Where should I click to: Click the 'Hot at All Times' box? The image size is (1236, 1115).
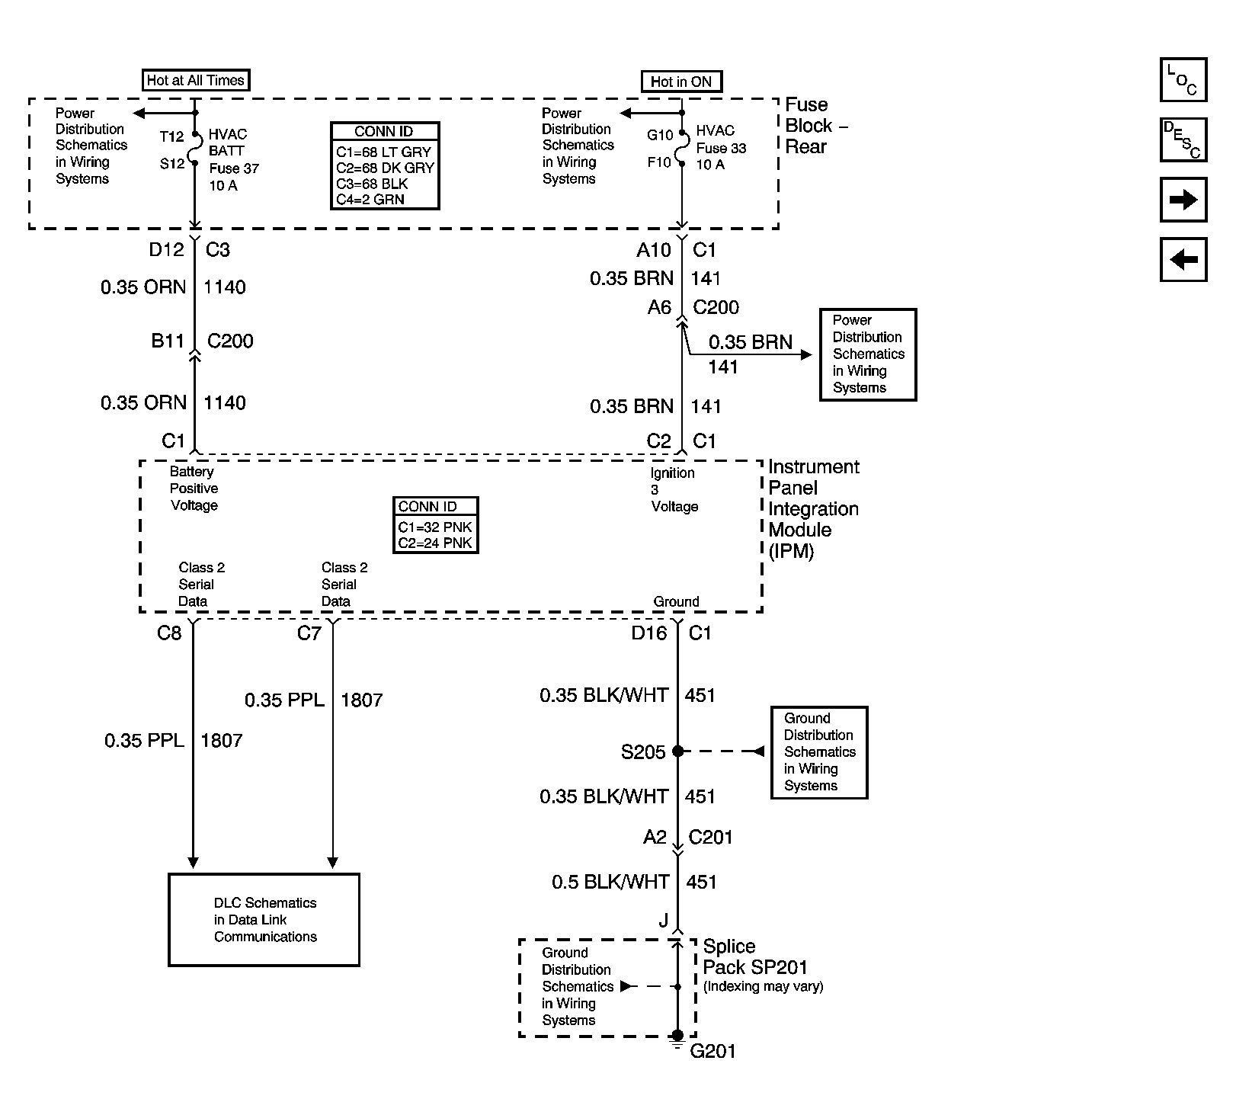(196, 80)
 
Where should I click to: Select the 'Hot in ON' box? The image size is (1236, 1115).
(681, 82)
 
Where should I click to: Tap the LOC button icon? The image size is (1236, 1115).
(1183, 80)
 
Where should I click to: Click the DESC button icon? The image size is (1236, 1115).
(1183, 139)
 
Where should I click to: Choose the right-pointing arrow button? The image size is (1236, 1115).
(1183, 200)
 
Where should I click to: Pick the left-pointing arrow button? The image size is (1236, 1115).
(1183, 260)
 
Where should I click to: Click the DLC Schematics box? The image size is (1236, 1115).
(264, 920)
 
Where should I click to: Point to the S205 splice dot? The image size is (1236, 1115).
(678, 751)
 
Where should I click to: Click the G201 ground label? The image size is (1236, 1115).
(712, 1052)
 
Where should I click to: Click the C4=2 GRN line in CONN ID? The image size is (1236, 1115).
(370, 200)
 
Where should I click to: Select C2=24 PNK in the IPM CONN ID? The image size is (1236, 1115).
(435, 543)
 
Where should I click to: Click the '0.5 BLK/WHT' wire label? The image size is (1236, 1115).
(610, 882)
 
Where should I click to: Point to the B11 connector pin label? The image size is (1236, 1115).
(168, 341)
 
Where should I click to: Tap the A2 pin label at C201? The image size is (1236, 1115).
(655, 838)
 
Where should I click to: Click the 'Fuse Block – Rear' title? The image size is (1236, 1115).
(816, 126)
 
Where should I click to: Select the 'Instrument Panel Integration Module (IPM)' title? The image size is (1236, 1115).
(814, 509)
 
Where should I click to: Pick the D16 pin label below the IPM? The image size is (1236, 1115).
(649, 633)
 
